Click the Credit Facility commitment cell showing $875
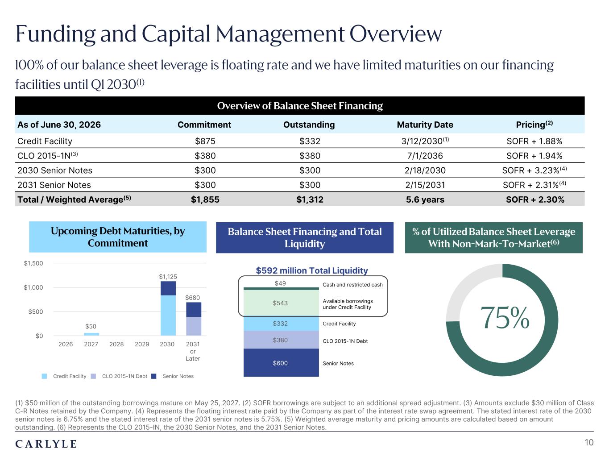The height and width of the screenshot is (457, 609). tap(205, 141)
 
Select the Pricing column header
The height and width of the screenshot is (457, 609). tap(534, 125)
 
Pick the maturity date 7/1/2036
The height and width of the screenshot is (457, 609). tap(425, 156)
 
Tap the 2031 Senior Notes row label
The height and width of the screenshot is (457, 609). tap(54, 185)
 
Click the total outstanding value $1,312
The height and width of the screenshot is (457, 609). tap(310, 199)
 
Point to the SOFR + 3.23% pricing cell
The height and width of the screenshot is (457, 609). tap(534, 170)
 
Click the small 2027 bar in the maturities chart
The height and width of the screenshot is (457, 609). tap(91, 334)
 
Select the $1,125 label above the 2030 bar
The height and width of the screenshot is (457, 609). tap(168, 277)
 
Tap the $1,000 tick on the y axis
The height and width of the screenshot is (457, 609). tap(33, 287)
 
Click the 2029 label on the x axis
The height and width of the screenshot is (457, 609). tap(142, 345)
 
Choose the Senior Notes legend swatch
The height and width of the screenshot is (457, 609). tap(154, 376)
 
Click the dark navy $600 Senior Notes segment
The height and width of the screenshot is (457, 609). tap(281, 362)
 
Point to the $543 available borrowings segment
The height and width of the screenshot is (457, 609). tap(281, 303)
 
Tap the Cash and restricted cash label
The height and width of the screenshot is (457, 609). tap(352, 285)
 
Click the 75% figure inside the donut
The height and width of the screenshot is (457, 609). tap(505, 318)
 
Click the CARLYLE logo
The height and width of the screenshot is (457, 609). tap(46, 444)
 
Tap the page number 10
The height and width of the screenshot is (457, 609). tap(589, 443)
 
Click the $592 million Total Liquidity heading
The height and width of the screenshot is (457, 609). tap(311, 270)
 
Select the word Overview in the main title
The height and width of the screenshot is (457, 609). tap(395, 34)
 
